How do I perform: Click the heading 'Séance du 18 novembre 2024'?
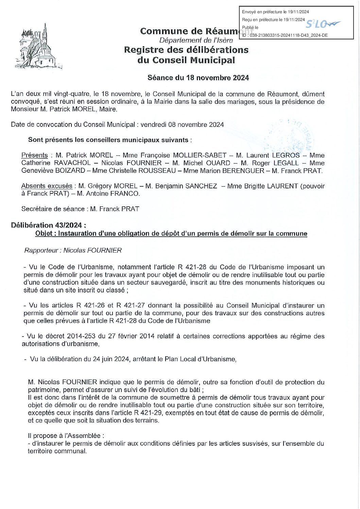[198, 78]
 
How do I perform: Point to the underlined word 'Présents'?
[34, 155]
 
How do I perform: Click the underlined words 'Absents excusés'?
[47, 186]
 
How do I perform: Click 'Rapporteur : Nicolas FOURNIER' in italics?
[73, 251]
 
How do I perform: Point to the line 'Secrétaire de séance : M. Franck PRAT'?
[80, 209]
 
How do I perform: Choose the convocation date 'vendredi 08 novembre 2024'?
[181, 125]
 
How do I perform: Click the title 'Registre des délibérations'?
[186, 50]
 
